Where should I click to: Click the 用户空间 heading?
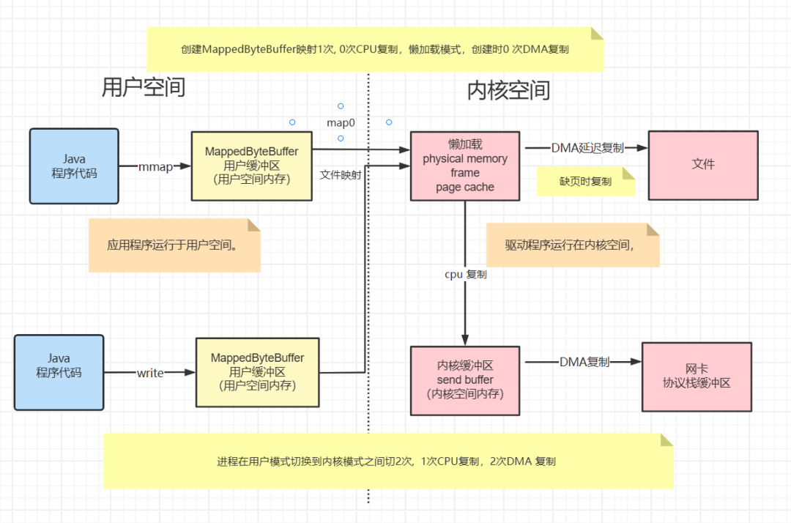(143, 87)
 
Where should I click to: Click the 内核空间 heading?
(508, 90)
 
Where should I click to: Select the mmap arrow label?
(155, 167)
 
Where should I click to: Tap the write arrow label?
(149, 373)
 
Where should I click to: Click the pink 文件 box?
(702, 165)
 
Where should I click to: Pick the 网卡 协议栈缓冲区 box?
(697, 377)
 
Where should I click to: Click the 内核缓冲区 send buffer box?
(465, 379)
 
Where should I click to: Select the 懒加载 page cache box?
(465, 166)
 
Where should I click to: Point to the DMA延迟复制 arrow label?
(587, 147)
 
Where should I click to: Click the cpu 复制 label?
(466, 275)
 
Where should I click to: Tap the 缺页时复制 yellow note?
(585, 182)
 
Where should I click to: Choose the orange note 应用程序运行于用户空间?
(174, 245)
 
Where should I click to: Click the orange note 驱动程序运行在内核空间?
(573, 245)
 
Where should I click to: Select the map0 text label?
(341, 122)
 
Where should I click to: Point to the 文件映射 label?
(341, 175)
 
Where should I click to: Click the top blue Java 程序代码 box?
(74, 166)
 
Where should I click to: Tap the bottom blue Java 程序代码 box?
(59, 371)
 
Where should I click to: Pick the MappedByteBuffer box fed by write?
(257, 372)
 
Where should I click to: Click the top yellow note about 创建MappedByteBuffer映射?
(375, 49)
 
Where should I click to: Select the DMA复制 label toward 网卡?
(584, 362)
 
